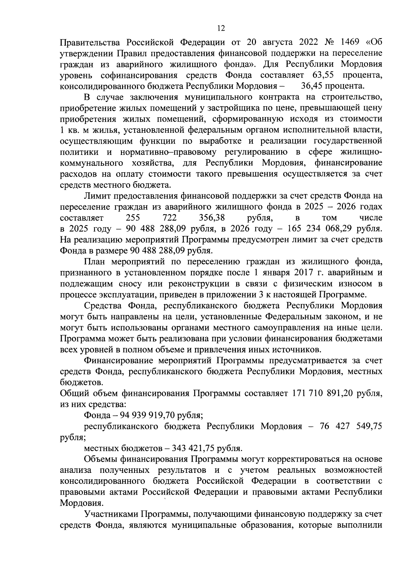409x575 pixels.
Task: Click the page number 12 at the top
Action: [221, 28]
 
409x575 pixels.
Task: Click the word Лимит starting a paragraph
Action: [95, 196]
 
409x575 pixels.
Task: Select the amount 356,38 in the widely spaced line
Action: [212, 218]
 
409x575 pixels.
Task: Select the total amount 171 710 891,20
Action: [321, 393]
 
